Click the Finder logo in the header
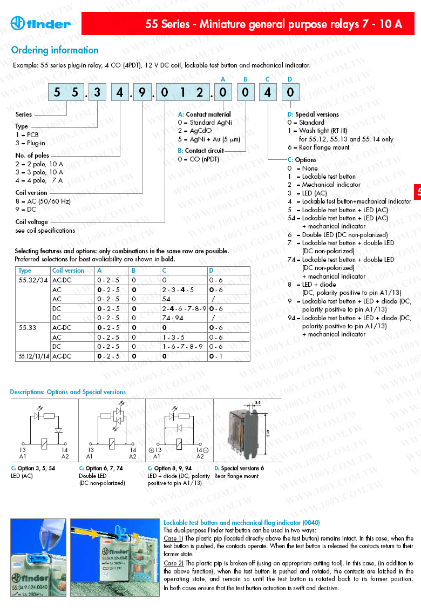40,23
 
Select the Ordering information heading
55,50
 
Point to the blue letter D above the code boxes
290,79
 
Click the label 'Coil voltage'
31,222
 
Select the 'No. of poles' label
32,156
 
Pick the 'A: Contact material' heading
205,114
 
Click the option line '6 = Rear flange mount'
318,147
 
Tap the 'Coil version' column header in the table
68,271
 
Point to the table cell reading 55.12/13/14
34,356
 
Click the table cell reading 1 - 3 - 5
174,337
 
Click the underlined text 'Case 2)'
173,563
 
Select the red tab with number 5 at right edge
418,192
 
